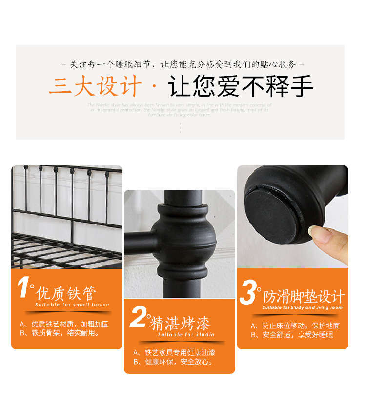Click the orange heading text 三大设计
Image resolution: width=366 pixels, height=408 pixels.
[95, 87]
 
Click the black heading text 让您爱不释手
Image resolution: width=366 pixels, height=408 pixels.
[240, 87]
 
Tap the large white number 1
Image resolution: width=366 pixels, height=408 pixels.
[24, 288]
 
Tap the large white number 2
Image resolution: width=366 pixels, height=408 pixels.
[138, 318]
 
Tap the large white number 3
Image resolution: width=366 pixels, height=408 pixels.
[248, 292]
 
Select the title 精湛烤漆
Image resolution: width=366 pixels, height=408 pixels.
[180, 324]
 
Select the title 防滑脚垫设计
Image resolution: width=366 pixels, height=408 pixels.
[304, 297]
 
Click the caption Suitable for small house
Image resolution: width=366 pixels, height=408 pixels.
[72, 305]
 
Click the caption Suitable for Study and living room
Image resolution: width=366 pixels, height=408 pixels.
[302, 308]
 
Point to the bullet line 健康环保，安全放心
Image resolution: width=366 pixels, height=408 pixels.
[173, 362]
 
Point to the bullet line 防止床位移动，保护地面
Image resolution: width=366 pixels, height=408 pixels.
[295, 326]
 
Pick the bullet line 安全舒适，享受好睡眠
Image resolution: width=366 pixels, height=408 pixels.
[292, 335]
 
